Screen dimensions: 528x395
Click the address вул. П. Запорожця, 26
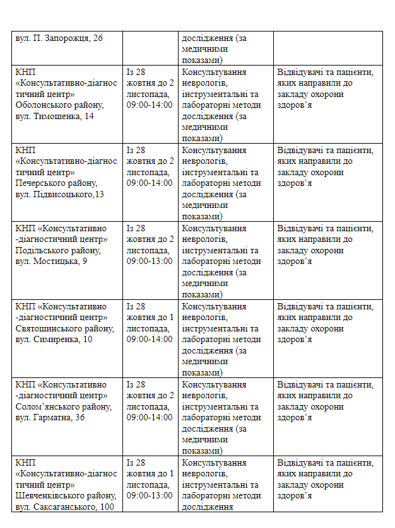coord(59,38)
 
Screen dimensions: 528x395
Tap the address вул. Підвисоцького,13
coord(60,194)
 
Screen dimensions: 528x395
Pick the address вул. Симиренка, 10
coord(54,340)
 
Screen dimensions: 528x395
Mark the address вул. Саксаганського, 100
coord(65,507)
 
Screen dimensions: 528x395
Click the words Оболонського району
coord(60,105)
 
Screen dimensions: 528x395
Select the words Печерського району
coord(56,183)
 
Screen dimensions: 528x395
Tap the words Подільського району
coord(57,251)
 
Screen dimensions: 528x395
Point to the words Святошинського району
coord(65,329)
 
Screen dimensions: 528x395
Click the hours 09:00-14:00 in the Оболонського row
coord(150,105)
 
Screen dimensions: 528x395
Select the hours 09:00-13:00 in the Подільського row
coord(150,261)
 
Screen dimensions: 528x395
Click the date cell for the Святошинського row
coord(150,323)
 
